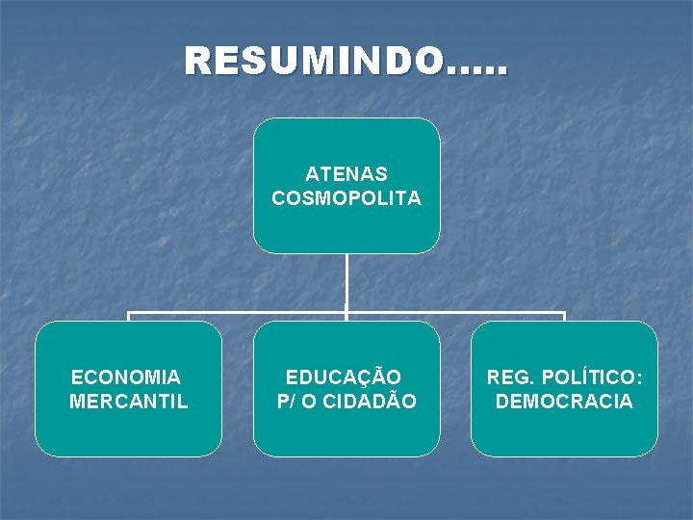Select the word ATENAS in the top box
(x=346, y=174)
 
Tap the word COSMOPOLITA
(x=346, y=198)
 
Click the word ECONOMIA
(x=126, y=377)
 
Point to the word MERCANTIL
(x=129, y=401)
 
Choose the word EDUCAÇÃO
(x=344, y=377)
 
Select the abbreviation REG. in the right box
(x=506, y=377)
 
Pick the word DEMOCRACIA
(x=564, y=401)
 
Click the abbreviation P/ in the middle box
(x=287, y=401)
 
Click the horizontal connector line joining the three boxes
(x=241, y=314)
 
